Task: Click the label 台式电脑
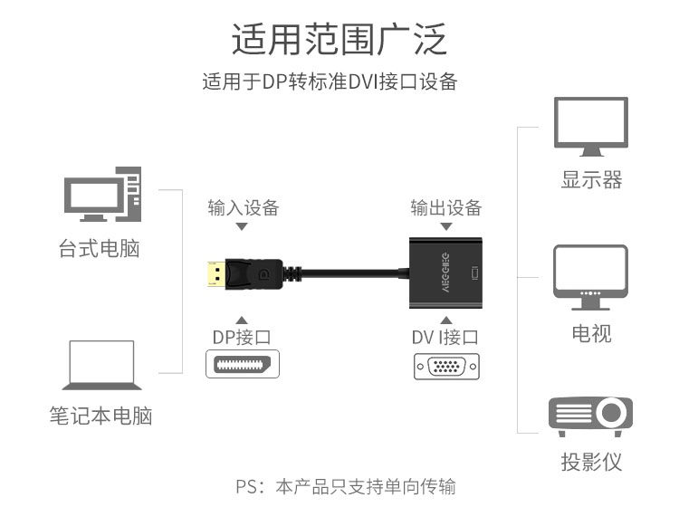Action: pos(100,248)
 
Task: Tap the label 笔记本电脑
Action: pos(100,416)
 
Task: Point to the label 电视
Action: pos(591,333)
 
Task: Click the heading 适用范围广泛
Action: pos(339,42)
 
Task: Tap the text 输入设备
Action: pos(243,207)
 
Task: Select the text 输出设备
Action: pos(445,207)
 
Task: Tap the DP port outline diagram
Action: pos(243,366)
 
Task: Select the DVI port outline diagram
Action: pos(445,367)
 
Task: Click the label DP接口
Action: pos(242,338)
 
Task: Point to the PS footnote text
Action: pos(346,487)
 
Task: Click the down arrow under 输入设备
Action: pos(242,226)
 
